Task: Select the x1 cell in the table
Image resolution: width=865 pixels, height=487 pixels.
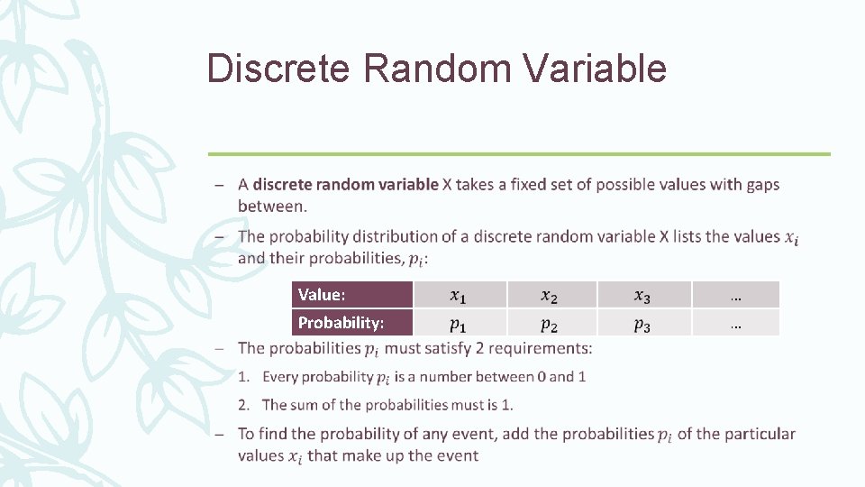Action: (459, 295)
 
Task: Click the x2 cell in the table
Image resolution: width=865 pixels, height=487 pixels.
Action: (550, 295)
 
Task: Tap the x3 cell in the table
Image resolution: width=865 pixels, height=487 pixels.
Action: (642, 295)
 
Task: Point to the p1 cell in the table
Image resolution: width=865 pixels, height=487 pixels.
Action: (459, 323)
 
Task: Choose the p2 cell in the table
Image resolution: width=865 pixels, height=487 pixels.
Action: (550, 323)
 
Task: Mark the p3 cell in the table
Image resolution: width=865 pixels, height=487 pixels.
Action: (642, 323)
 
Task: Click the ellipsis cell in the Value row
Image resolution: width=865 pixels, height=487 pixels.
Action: (735, 295)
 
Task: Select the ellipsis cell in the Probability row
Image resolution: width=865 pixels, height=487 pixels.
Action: (735, 323)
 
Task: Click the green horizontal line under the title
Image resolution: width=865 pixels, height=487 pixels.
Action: (519, 154)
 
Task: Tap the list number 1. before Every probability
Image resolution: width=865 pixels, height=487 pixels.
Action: (245, 377)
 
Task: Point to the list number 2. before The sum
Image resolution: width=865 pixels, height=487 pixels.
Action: (245, 405)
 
